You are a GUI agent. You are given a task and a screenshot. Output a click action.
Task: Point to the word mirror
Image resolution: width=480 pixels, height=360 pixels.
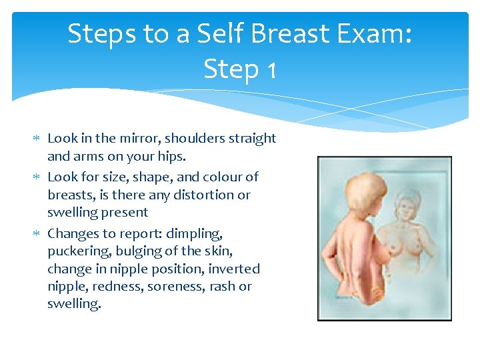[139, 139]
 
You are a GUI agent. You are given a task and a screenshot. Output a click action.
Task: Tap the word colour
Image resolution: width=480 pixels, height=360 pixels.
[219, 177]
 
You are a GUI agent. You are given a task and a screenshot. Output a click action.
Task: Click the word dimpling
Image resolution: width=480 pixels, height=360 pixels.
[198, 234]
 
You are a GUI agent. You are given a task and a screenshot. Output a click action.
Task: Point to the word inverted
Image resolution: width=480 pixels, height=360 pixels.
[234, 269]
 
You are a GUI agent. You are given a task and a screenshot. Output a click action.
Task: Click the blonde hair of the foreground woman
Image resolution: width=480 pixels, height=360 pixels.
[350, 187]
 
